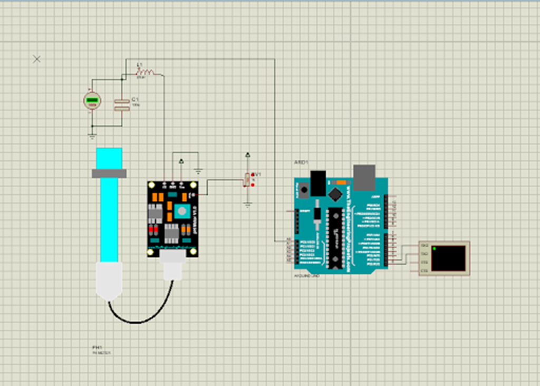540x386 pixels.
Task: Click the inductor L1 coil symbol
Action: click(x=146, y=72)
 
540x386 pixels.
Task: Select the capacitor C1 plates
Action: click(x=122, y=105)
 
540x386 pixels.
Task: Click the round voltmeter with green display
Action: click(x=92, y=101)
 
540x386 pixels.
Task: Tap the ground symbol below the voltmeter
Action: click(x=92, y=136)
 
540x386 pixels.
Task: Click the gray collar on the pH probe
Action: click(x=109, y=173)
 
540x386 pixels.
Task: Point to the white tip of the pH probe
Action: click(x=109, y=282)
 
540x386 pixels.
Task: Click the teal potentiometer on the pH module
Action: click(x=182, y=211)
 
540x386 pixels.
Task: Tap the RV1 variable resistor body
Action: click(x=246, y=180)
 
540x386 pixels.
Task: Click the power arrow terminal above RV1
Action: click(x=248, y=156)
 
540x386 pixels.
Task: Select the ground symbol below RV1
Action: click(x=248, y=204)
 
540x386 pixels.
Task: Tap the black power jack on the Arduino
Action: click(x=318, y=182)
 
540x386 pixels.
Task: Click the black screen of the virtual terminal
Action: click(x=448, y=257)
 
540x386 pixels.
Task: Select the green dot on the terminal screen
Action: click(x=434, y=248)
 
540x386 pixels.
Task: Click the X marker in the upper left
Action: click(x=36, y=59)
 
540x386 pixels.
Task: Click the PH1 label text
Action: click(x=97, y=348)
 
